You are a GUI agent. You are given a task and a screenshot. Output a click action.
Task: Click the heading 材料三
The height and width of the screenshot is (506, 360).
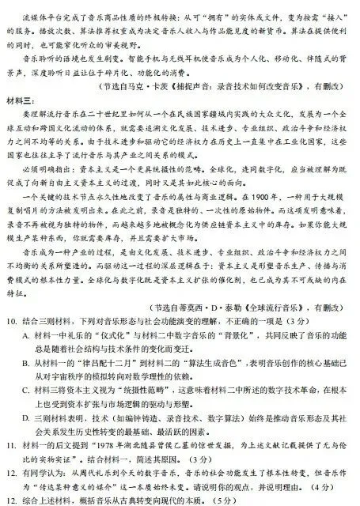click(x=20, y=98)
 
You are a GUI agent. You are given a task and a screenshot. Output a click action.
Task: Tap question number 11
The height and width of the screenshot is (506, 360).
click(x=10, y=445)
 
